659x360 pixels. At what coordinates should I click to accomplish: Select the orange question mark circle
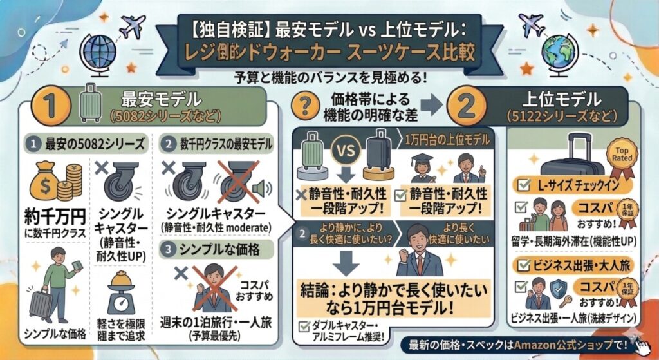pyautogui.click(x=306, y=106)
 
